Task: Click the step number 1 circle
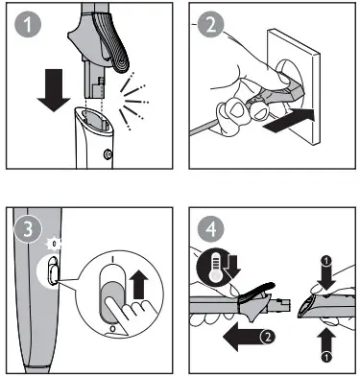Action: coord(28,24)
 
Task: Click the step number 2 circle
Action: coord(210,24)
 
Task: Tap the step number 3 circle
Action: coord(28,228)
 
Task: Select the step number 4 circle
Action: coord(210,228)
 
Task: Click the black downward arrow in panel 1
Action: coord(54,90)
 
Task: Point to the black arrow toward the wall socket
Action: coord(289,121)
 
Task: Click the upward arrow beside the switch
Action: coord(138,284)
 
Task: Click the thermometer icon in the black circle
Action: coord(216,267)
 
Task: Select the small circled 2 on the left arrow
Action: coord(268,337)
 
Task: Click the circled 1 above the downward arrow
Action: coord(326,262)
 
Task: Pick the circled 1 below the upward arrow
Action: coord(326,357)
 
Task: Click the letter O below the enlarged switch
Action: coord(112,328)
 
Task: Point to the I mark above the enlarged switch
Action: coord(112,259)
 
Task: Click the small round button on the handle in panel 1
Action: coord(108,154)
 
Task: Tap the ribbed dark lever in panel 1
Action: coord(112,40)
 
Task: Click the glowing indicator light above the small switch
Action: coord(54,245)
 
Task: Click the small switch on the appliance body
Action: coord(53,270)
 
